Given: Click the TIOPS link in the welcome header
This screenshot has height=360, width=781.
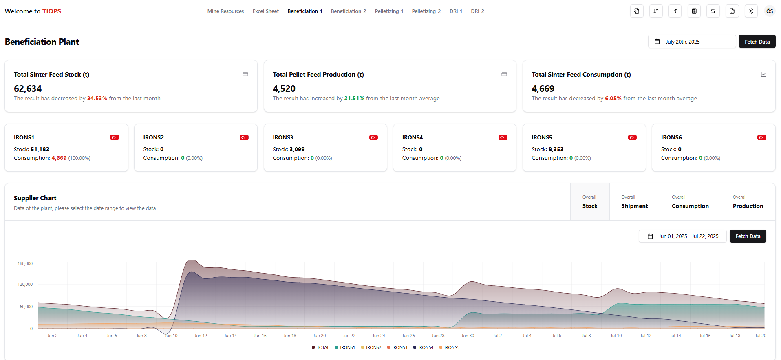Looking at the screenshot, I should pyautogui.click(x=51, y=11).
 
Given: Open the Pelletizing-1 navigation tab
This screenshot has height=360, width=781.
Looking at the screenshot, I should pyautogui.click(x=388, y=11).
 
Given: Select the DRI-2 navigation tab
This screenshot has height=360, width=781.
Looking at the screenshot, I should pyautogui.click(x=477, y=11).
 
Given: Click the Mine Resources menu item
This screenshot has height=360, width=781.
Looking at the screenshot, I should pyautogui.click(x=225, y=11).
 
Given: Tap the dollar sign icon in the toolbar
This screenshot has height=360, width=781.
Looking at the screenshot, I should pyautogui.click(x=713, y=11).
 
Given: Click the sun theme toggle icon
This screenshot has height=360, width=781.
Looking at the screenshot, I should pyautogui.click(x=751, y=11).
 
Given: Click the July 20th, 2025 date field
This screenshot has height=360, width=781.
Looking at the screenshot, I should pyautogui.click(x=692, y=42).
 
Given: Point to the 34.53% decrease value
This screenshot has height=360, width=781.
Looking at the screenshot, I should pyautogui.click(x=97, y=99).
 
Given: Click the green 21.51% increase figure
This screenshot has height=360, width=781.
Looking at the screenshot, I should pyautogui.click(x=354, y=99).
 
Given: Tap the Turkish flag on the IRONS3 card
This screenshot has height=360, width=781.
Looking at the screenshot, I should pyautogui.click(x=373, y=137).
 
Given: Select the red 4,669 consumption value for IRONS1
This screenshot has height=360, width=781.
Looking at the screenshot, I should pyautogui.click(x=59, y=158).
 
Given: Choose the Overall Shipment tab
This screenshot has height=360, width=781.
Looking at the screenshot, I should pyautogui.click(x=634, y=202).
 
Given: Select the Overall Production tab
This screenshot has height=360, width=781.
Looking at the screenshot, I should pyautogui.click(x=748, y=202).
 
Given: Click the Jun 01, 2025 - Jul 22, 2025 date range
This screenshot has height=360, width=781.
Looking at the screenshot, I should pyautogui.click(x=683, y=236).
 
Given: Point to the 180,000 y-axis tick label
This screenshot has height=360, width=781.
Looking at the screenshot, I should pyautogui.click(x=25, y=264).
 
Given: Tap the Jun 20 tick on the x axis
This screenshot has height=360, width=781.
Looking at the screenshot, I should pyautogui.click(x=319, y=336).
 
